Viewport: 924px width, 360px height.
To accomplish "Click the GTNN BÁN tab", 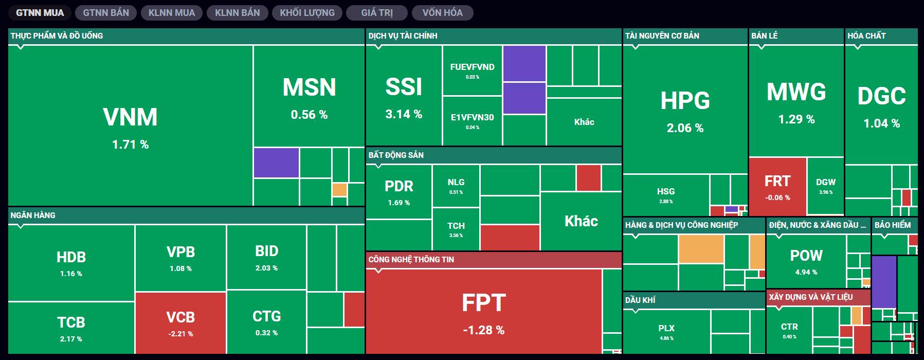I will pos(106,13).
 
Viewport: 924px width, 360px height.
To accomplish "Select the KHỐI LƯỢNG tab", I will pos(307,13).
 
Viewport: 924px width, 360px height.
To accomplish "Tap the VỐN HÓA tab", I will pos(442,13).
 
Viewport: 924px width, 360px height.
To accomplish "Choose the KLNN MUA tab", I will pos(172,13).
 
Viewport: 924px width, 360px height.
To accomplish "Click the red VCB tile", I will pos(180,323).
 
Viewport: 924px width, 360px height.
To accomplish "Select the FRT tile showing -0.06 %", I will pos(777,187).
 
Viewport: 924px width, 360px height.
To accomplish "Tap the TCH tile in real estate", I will pos(456,229).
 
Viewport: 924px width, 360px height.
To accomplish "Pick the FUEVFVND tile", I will pos(472,70).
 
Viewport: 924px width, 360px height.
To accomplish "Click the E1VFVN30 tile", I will pos(472,121).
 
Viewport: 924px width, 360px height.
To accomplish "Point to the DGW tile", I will pos(825,186).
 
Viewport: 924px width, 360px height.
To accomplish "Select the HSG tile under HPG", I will pos(666,195).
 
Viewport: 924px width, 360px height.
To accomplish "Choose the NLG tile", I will pos(456,186).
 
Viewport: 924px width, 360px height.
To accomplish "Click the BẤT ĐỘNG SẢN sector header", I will pos(396,155).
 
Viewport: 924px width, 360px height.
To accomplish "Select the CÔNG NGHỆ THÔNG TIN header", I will pos(411,259).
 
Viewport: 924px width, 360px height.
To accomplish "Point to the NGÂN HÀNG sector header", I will pos(33,215).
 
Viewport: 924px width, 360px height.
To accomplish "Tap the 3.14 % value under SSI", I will pos(404,114).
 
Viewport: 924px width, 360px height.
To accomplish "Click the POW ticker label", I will pos(806,256).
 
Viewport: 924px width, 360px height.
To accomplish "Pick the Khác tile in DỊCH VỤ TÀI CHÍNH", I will pos(584,122).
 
